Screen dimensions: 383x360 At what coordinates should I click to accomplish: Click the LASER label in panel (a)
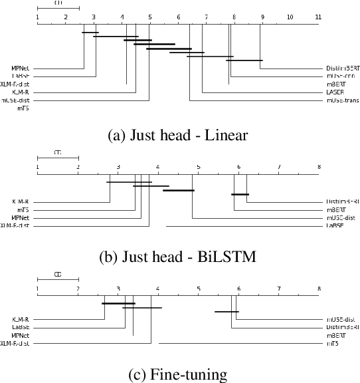click(335, 92)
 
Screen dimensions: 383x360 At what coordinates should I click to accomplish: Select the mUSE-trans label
click(341, 100)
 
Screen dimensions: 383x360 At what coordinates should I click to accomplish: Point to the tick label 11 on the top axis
click(317, 16)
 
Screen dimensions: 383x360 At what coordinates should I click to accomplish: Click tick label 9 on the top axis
click(262, 16)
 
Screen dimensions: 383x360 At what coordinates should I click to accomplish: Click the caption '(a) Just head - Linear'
click(177, 136)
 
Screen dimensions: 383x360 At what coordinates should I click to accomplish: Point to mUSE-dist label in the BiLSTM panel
click(340, 217)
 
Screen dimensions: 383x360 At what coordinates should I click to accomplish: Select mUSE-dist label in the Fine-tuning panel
click(340, 320)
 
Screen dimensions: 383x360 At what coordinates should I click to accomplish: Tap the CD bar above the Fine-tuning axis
click(58, 278)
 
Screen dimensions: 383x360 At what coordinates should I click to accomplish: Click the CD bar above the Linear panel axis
click(58, 8)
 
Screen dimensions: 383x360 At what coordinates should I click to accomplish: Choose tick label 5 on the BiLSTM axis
click(198, 166)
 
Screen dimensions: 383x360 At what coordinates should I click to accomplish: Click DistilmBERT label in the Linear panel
click(343, 68)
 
